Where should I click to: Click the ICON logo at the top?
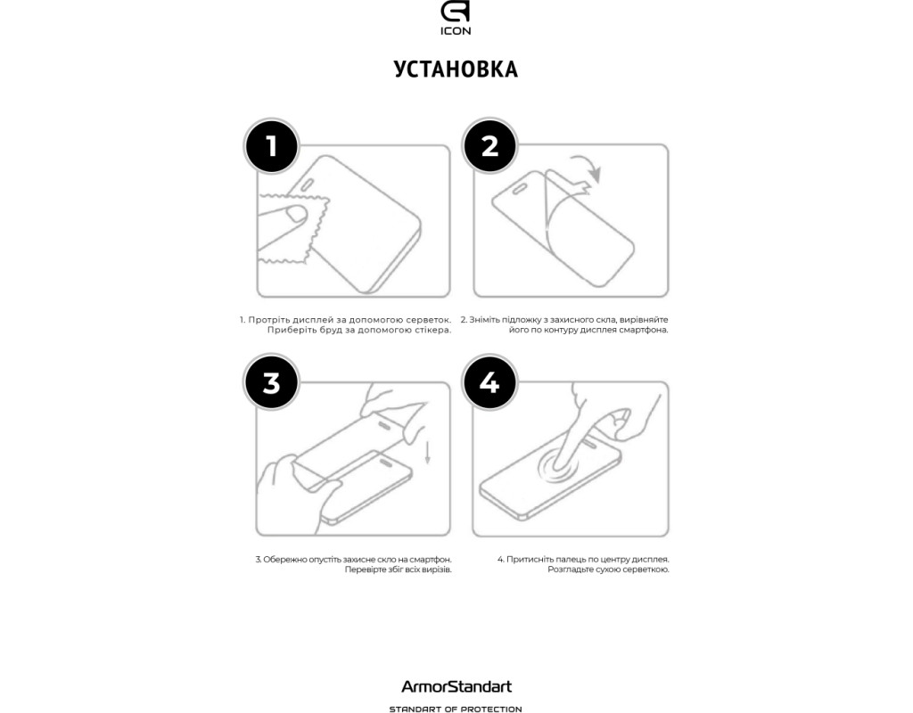tap(456, 18)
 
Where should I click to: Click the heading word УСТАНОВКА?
tap(456, 70)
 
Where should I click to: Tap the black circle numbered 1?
tap(271, 146)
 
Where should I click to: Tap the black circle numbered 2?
tap(489, 146)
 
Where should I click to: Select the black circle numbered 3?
tap(271, 383)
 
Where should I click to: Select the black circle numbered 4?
tap(489, 383)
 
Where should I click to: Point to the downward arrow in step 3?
tap(427, 452)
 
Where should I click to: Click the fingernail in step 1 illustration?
tap(297, 215)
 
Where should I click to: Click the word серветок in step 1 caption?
tap(430, 320)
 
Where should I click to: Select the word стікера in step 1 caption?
tap(432, 330)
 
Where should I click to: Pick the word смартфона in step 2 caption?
tap(644, 330)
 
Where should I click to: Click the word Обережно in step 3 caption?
tap(284, 560)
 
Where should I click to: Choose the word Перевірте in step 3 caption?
tap(365, 570)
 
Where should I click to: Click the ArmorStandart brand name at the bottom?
tap(456, 687)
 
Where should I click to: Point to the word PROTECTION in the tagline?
tap(496, 709)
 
